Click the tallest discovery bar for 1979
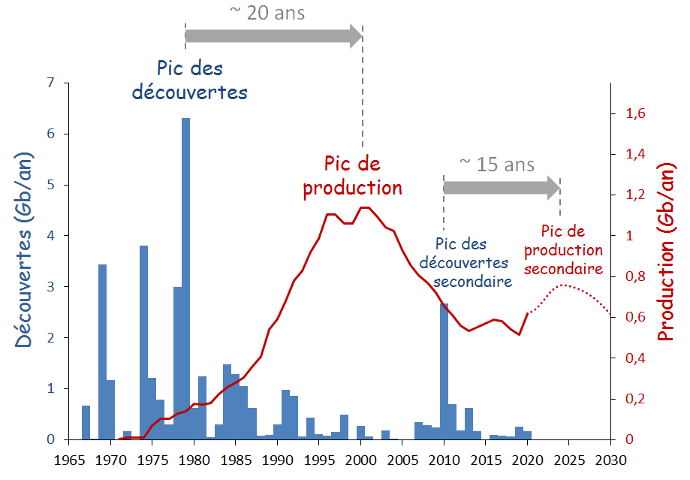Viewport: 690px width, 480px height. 185,278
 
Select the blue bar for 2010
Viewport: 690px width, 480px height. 444,372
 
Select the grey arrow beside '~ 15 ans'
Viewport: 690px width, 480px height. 501,188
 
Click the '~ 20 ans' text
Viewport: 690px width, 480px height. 268,13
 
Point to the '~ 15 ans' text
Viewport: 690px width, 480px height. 496,164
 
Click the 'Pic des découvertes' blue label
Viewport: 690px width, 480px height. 190,80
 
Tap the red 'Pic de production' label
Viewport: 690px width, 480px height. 352,176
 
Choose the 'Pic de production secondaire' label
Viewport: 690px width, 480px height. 563,250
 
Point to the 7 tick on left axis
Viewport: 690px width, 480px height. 51,83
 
